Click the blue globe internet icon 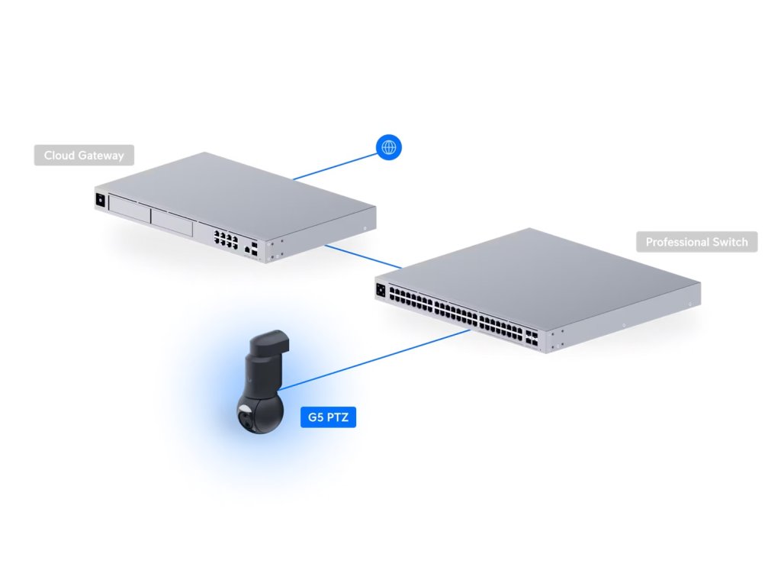pos(390,146)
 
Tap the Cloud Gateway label pos(84,156)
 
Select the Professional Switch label pos(697,243)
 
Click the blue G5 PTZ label pos(329,417)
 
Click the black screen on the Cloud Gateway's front pos(99,201)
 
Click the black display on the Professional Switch pos(381,289)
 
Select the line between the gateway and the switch pos(362,256)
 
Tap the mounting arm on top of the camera pos(271,347)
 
